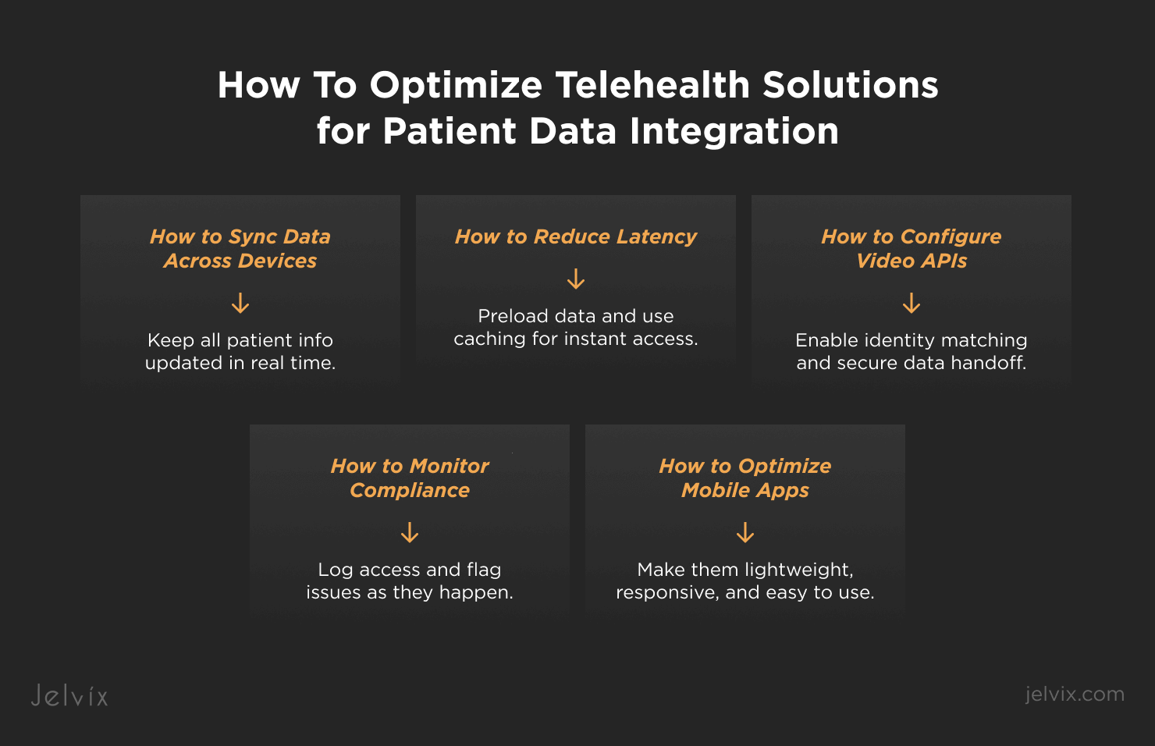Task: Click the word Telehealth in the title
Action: point(652,84)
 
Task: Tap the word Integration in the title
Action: point(734,131)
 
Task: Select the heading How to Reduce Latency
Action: point(576,236)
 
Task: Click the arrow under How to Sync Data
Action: point(240,303)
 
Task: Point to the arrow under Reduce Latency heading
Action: point(576,279)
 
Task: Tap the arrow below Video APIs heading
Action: point(912,303)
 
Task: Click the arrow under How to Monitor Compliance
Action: point(410,532)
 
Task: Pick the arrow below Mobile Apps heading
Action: point(745,532)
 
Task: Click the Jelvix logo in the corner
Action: point(69,695)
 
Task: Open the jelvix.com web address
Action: point(1075,694)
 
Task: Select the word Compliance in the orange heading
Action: point(410,490)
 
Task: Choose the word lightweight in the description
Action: point(798,570)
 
